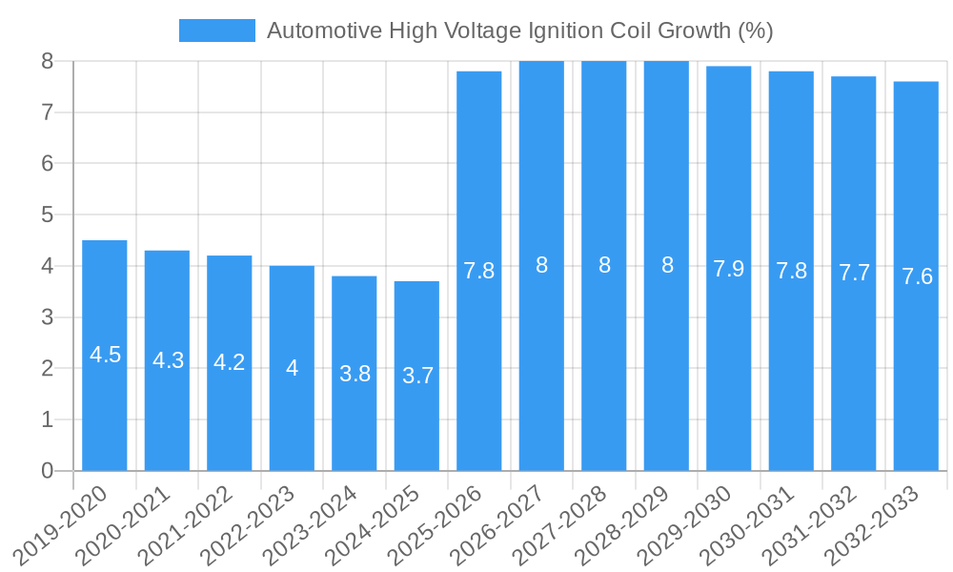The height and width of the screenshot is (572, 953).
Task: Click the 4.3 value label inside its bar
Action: coord(168,360)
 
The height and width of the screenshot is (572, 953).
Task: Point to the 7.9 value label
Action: coord(729,269)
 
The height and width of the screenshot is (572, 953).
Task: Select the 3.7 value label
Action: coord(417,376)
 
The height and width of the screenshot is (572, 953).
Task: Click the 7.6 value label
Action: coord(917,276)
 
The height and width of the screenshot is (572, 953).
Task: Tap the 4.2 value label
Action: coord(230,362)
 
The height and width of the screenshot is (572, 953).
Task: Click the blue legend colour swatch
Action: coord(217,31)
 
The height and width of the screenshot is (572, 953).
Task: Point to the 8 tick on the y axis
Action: coord(47,61)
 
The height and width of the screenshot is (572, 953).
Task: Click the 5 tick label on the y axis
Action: coord(47,214)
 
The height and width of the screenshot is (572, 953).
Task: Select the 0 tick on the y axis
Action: coord(47,471)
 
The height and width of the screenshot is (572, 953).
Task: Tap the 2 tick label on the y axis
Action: coord(47,368)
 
